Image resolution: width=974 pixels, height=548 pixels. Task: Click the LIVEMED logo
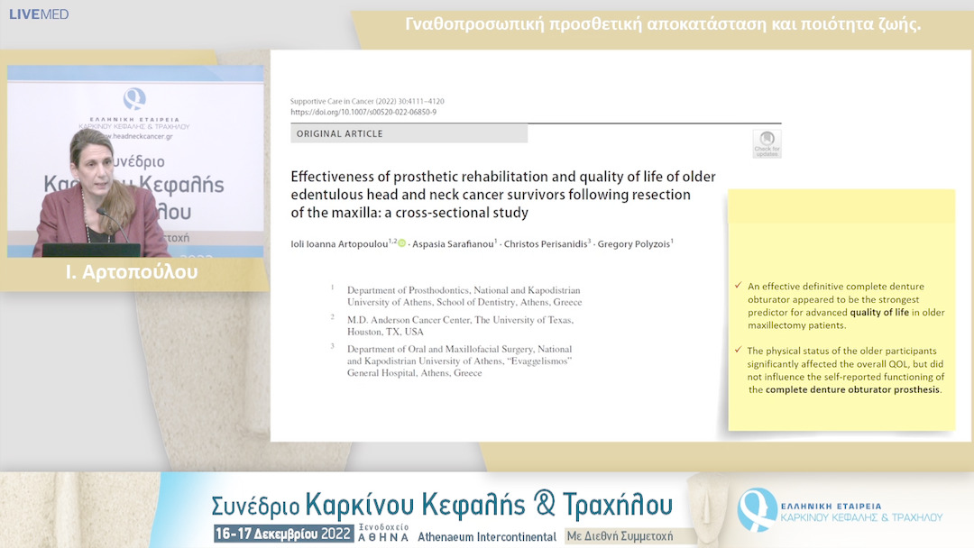click(x=39, y=14)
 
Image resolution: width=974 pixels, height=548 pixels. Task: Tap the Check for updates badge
click(x=767, y=143)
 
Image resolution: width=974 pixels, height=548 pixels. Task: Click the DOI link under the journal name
click(x=363, y=112)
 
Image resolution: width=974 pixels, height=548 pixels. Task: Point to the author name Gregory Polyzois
click(x=637, y=243)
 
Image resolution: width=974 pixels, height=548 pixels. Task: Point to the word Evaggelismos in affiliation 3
click(x=539, y=361)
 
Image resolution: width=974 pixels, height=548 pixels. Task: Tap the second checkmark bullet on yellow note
click(x=739, y=351)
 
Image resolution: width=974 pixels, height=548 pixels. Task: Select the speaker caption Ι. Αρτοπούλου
click(x=132, y=272)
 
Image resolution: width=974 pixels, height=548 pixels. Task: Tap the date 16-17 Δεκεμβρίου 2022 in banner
click(x=281, y=534)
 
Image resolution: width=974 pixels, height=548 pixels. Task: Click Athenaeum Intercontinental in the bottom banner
click(x=487, y=536)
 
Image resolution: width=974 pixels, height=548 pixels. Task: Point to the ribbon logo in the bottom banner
click(x=757, y=508)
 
